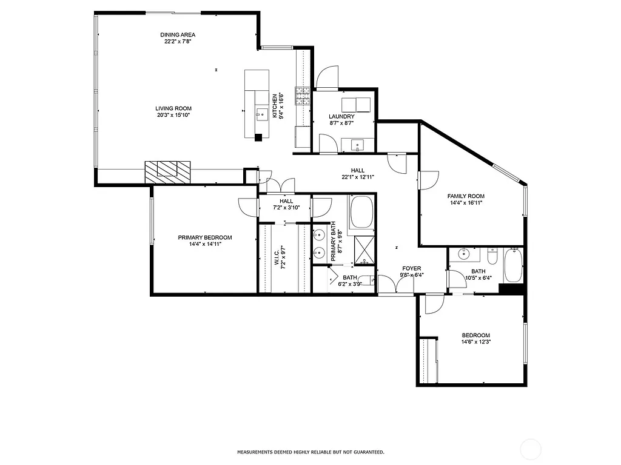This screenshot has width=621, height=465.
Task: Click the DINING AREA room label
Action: coord(178,35)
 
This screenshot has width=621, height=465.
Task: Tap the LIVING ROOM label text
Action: coord(173,108)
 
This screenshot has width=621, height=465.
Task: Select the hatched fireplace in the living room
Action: coord(167,171)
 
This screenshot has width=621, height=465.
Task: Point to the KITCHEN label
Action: coord(275,106)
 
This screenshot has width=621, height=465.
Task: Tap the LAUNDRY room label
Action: coord(341,116)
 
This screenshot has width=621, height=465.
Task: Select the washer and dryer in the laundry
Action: coord(355,105)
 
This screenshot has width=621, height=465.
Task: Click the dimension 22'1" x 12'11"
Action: coord(357,177)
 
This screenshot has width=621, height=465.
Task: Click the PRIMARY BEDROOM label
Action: coord(204,238)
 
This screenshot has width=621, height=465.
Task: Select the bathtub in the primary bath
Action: coord(362,210)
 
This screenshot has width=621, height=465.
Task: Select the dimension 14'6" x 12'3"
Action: coord(475,341)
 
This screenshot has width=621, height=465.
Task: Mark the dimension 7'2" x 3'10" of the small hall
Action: coord(286,208)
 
